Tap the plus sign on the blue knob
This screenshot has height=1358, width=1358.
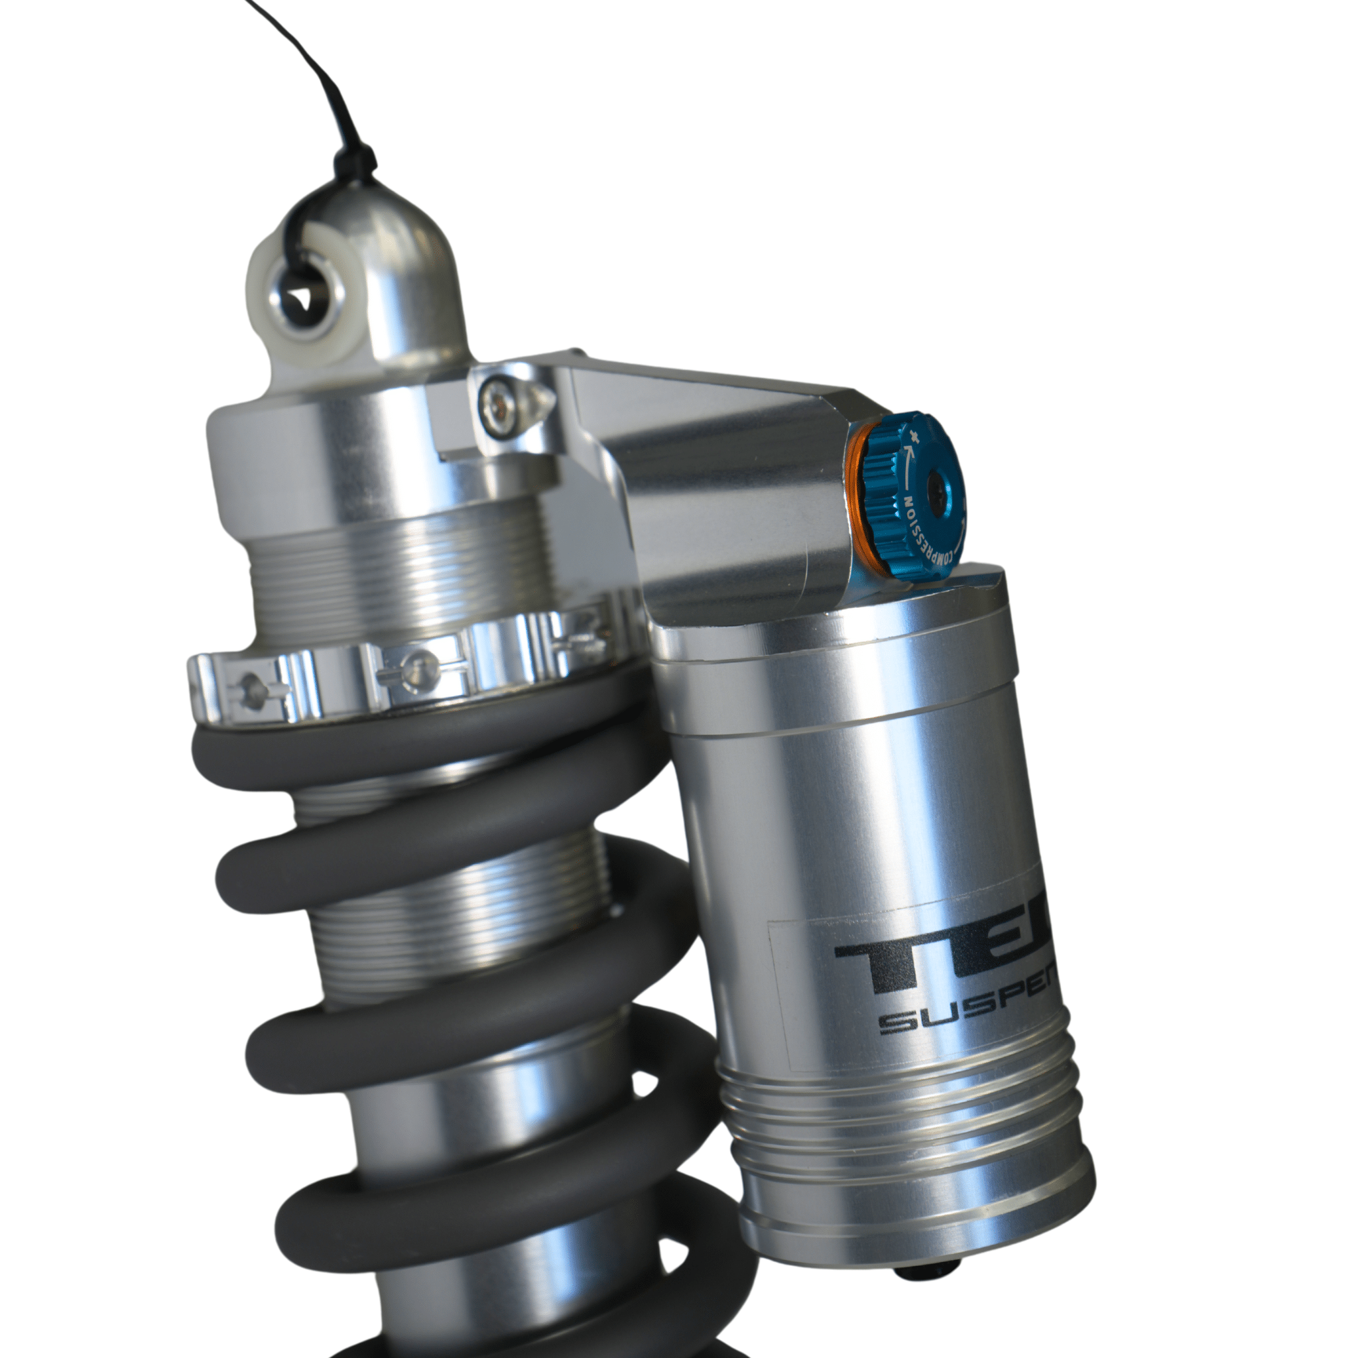point(914,436)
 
